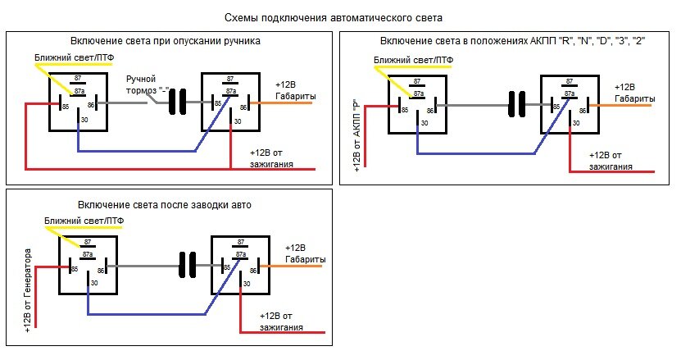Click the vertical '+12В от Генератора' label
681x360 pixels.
[28, 294]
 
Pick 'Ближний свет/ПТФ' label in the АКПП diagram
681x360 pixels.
[413, 61]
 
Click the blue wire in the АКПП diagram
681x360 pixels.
[475, 153]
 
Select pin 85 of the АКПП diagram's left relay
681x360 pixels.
[402, 107]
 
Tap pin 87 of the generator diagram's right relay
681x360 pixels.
[240, 243]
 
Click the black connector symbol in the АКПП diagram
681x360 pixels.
[518, 104]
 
